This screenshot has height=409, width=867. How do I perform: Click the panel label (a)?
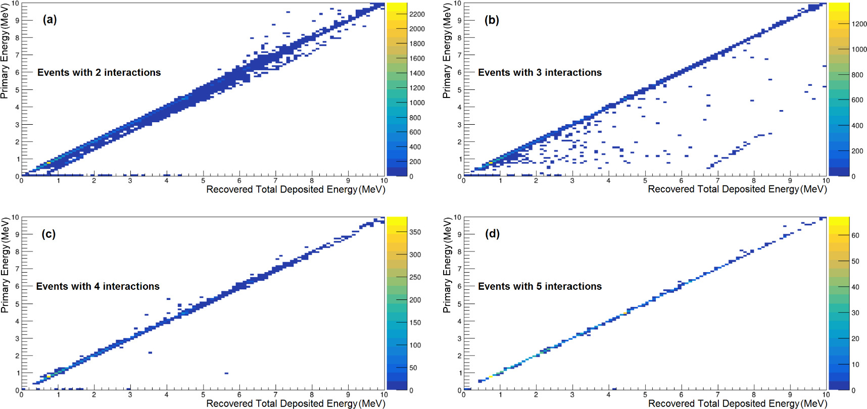click(x=50, y=20)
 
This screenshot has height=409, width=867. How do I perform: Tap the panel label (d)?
click(x=492, y=234)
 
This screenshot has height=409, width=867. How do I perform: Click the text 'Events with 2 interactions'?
click(x=99, y=73)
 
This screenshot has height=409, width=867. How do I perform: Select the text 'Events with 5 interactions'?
click(x=540, y=287)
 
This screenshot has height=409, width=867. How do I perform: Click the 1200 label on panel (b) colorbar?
click(x=859, y=24)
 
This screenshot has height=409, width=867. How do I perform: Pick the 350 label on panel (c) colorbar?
click(x=415, y=232)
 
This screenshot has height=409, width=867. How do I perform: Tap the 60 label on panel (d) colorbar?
click(x=855, y=235)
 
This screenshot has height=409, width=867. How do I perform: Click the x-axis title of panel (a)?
click(x=296, y=189)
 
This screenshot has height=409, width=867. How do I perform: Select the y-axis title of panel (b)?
click(x=447, y=50)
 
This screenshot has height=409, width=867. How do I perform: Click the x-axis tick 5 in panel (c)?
click(x=203, y=395)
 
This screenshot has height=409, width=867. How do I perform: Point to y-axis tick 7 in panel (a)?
click(x=17, y=55)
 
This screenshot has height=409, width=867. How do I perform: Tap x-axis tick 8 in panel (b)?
click(x=753, y=181)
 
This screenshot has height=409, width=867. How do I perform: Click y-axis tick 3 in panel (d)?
click(x=459, y=339)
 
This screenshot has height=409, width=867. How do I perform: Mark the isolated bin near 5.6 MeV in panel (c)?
click(x=226, y=373)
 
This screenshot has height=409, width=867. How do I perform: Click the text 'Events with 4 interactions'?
click(x=98, y=287)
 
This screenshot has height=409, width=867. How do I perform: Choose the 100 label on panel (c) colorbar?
click(x=415, y=345)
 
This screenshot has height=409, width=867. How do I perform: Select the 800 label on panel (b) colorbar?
click(x=857, y=75)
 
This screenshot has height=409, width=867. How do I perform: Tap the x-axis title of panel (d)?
click(x=737, y=403)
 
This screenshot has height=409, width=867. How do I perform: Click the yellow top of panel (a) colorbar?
click(x=397, y=6)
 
